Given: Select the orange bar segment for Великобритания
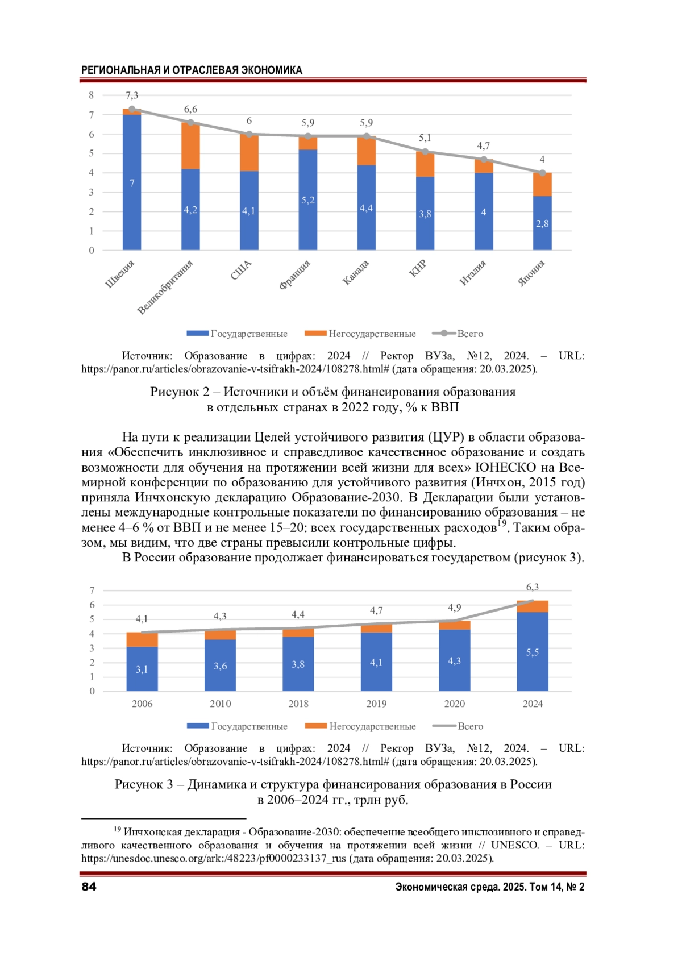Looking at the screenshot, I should [190, 145].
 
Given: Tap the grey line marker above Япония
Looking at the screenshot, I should [542, 173].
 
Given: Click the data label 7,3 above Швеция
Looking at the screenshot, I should [132, 95].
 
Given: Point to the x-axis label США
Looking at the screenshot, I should [241, 270].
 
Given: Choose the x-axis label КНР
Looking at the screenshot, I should [418, 268].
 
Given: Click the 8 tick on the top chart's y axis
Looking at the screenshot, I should [91, 95].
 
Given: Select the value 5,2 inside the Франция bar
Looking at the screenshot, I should [307, 200].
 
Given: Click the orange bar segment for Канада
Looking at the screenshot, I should [367, 151].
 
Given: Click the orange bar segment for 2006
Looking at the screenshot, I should [142, 639].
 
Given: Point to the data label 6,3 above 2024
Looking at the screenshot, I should [533, 587].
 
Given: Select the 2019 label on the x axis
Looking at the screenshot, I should [376, 704].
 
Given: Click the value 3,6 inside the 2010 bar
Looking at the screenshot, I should [220, 665].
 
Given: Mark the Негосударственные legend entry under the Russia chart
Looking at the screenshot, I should [372, 726].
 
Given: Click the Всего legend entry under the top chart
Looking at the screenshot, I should [470, 334].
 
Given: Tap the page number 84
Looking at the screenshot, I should [89, 887].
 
